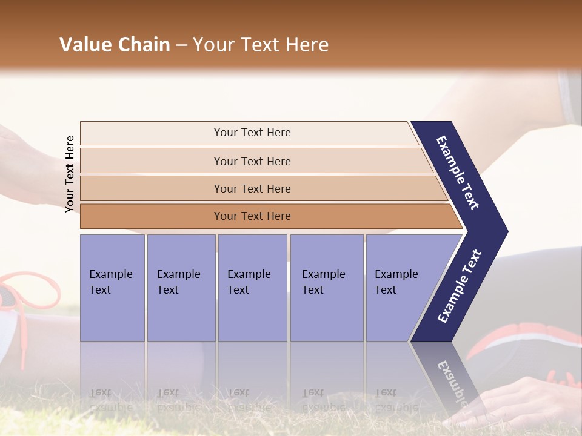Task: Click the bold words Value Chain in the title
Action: [x=115, y=45]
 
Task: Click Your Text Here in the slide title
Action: [x=261, y=45]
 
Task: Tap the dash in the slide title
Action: [x=181, y=45]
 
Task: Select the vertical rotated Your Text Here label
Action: [x=70, y=174]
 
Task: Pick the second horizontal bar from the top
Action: [x=252, y=161]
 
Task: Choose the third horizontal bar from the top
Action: [x=252, y=188]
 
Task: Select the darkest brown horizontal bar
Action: [x=252, y=216]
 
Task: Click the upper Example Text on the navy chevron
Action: [x=458, y=173]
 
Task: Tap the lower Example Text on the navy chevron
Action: [x=460, y=286]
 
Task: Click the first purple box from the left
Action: [x=112, y=288]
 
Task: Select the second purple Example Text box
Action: [x=181, y=288]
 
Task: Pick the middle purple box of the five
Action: [x=252, y=288]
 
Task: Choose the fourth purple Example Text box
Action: [x=326, y=288]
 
